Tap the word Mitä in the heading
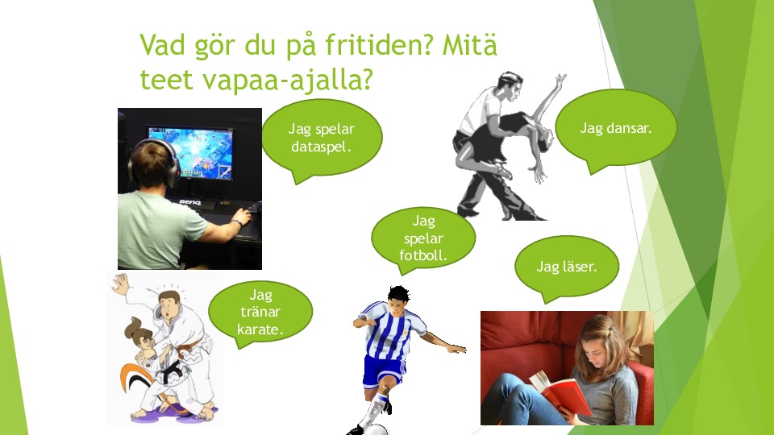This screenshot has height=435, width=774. (x=469, y=45)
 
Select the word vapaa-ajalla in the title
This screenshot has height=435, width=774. (x=287, y=80)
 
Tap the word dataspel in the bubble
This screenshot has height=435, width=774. (x=321, y=147)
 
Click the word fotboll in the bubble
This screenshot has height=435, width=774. (x=423, y=255)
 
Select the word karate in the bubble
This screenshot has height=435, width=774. (x=260, y=329)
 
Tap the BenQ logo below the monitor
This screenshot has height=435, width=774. (x=189, y=202)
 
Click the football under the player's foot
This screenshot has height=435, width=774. (x=376, y=430)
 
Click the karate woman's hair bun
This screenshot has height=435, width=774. (x=133, y=327)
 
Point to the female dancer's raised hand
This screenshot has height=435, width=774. (x=560, y=80)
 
